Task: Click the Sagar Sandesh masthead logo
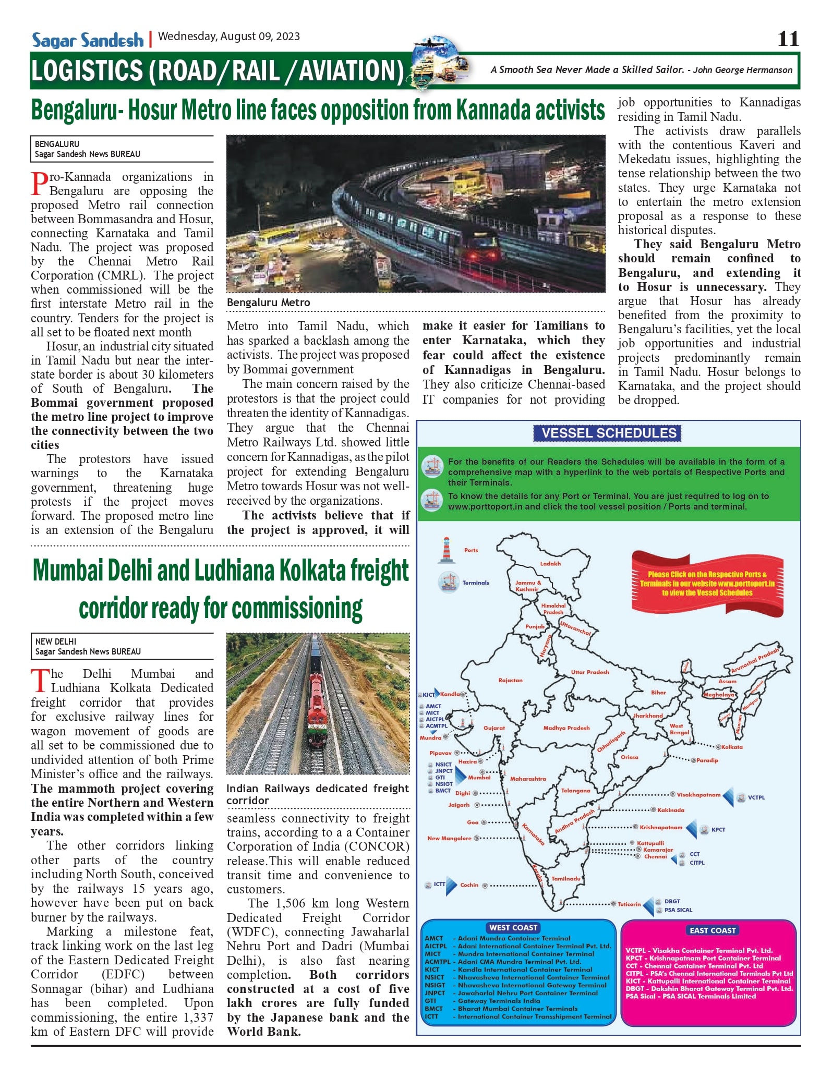(x=87, y=40)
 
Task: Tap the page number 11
(x=788, y=39)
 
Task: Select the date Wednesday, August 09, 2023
(x=229, y=37)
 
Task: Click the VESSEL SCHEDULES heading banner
(x=608, y=433)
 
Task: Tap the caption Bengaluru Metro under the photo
(x=268, y=302)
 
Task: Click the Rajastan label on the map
(x=510, y=681)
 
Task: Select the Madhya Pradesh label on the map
(x=566, y=728)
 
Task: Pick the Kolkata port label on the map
(x=732, y=747)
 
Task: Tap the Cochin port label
(x=469, y=885)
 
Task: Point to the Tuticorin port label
(x=629, y=904)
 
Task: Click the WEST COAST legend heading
(x=513, y=927)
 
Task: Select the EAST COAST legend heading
(x=712, y=930)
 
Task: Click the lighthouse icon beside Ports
(x=446, y=550)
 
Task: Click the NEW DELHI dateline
(x=56, y=641)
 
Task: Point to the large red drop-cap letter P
(x=39, y=184)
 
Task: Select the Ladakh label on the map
(x=550, y=564)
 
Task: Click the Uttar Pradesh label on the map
(x=590, y=672)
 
